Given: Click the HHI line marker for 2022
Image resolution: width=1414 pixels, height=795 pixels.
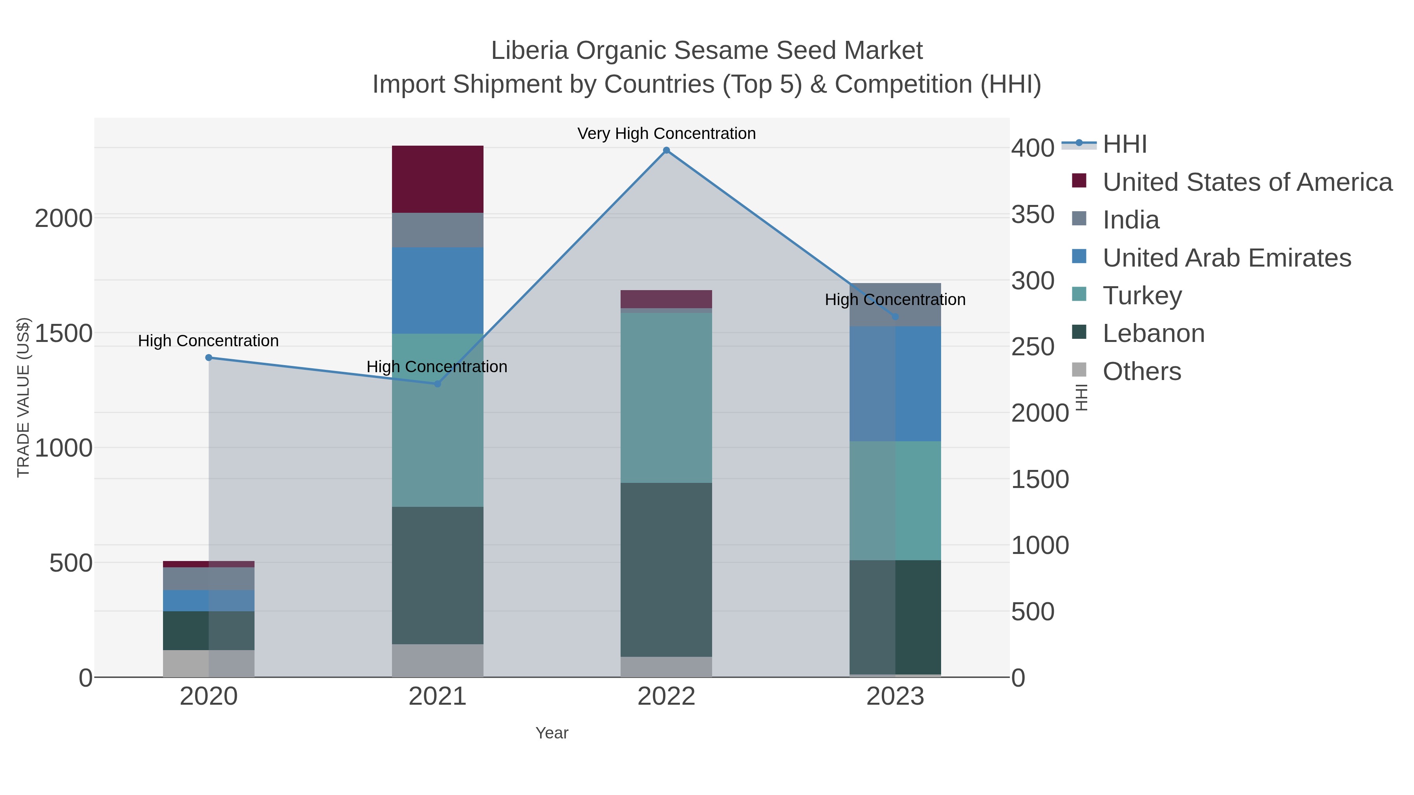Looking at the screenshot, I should point(667,150).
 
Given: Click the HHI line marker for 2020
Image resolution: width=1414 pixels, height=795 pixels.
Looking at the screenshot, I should point(209,358).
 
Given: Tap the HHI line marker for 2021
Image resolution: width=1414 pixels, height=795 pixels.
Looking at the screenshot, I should point(438,384).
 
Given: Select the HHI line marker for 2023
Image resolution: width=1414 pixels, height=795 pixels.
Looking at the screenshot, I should point(895,316).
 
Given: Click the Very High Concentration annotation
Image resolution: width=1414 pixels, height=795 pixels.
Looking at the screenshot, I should point(667,133).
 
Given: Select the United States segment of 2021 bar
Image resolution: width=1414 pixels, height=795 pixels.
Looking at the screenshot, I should point(438,179).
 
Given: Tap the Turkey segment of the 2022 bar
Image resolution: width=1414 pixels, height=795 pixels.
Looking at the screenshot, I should point(667,398).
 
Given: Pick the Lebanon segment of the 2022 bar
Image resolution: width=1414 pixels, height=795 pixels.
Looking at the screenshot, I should point(667,570).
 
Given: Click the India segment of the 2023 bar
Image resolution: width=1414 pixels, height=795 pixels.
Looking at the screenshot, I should point(895,305).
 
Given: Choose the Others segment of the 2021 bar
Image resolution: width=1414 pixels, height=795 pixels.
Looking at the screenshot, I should point(438,661).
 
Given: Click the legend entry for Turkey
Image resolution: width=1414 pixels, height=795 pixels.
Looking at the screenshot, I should point(1142,296).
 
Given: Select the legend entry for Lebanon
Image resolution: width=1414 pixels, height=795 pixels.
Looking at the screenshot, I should point(1153,334).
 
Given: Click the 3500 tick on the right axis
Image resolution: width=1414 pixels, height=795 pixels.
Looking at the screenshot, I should point(1033,214).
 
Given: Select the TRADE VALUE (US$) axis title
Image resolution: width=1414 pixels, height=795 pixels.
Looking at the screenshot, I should point(23,397).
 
